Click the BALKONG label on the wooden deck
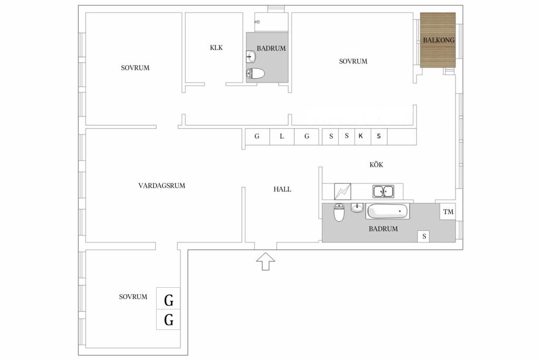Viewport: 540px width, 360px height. (438, 40)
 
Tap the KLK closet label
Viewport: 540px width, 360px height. (216, 48)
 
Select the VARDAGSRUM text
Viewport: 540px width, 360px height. (162, 186)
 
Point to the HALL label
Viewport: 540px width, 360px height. (282, 189)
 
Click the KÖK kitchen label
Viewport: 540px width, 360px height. (376, 164)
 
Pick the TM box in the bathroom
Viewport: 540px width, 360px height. (448, 212)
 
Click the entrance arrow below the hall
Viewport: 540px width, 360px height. (266, 261)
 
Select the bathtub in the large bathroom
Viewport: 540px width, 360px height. (388, 211)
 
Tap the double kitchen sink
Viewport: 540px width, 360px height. (383, 191)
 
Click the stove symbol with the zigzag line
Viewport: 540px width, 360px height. (343, 191)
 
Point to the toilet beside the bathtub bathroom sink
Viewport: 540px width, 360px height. (339, 212)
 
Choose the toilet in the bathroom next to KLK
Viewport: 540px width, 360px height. (256, 74)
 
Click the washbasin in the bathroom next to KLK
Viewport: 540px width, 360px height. (252, 56)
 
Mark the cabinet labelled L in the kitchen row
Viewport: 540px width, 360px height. (282, 137)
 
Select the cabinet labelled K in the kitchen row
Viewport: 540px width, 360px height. (363, 137)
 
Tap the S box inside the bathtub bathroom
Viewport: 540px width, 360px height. (423, 236)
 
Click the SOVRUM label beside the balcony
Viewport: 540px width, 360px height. (353, 61)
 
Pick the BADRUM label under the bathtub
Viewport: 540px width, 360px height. (383, 229)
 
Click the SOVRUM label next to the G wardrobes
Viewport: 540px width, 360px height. (133, 297)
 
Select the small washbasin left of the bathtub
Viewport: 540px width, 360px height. (357, 208)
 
